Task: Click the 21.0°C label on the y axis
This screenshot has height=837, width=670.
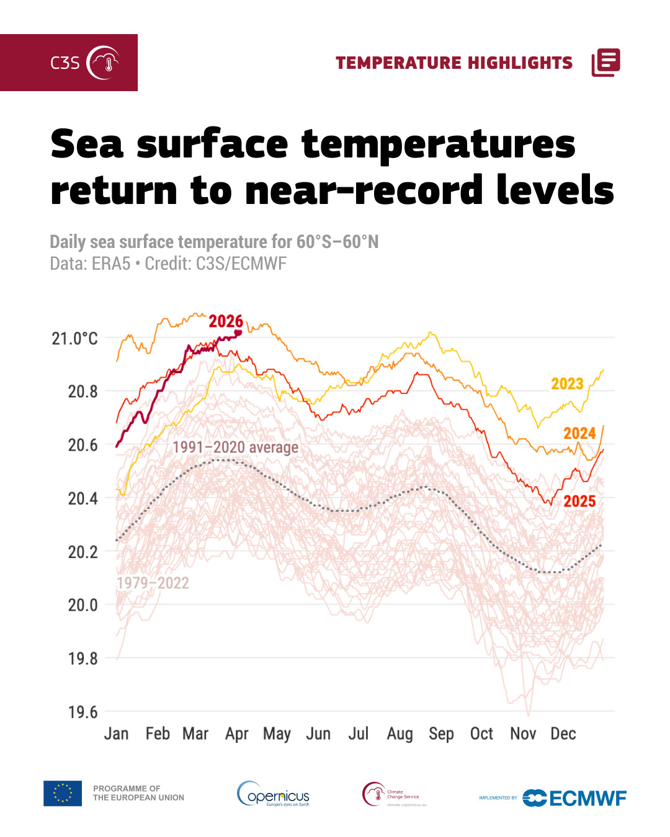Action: (74, 339)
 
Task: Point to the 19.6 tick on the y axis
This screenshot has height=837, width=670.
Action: (83, 712)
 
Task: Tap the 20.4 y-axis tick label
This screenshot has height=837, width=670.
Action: (83, 498)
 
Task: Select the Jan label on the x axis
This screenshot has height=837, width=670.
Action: (116, 734)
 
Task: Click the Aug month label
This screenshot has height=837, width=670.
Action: (400, 734)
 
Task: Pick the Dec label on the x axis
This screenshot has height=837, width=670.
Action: (563, 734)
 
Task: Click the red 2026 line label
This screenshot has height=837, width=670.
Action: (226, 321)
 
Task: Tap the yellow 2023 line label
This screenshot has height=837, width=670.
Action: (567, 384)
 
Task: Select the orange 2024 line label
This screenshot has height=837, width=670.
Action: (579, 433)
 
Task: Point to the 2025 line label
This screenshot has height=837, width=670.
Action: (579, 501)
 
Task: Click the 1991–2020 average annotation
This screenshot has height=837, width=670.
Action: (235, 447)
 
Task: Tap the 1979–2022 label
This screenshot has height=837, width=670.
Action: (153, 583)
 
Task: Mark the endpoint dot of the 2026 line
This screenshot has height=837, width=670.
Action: (238, 333)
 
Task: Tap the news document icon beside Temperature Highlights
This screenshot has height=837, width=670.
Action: (605, 63)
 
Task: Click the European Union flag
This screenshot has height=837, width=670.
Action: (63, 793)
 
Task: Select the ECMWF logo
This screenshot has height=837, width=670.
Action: (574, 798)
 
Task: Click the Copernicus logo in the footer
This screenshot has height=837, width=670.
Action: (274, 794)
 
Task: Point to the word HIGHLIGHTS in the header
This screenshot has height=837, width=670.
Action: (520, 63)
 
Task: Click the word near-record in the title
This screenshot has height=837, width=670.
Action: (364, 190)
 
